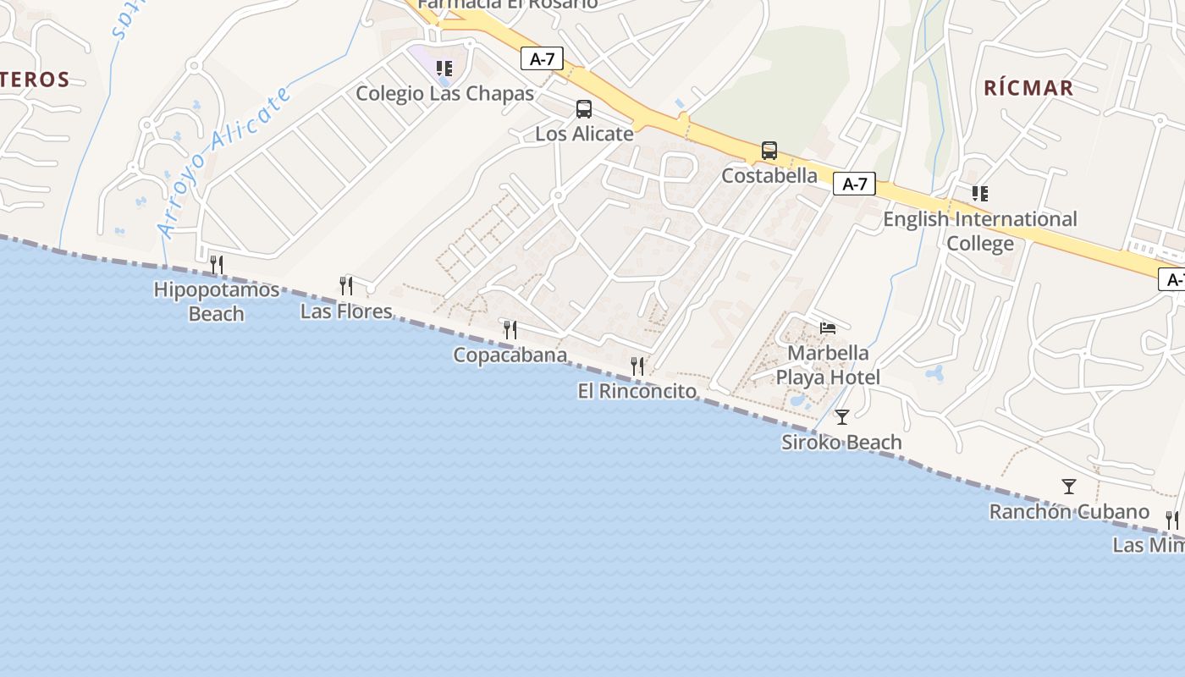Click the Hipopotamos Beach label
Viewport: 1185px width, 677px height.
(217, 302)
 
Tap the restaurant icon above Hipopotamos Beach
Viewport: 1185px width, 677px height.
(217, 265)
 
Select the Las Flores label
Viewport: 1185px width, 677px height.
(346, 311)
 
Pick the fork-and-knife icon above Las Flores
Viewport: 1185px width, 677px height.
(346, 286)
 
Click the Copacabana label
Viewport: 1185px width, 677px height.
(510, 355)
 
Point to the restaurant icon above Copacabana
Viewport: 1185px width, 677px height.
(510, 329)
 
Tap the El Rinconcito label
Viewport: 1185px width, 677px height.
(637, 391)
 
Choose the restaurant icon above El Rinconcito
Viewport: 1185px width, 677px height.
(637, 366)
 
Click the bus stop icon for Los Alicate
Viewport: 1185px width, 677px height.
(584, 108)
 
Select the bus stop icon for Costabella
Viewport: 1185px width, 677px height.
(769, 151)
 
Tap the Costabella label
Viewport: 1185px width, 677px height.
(769, 176)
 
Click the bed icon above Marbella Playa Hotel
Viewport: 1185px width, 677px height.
(828, 328)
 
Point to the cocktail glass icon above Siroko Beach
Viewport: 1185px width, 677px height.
(842, 416)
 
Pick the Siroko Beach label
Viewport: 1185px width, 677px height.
(841, 443)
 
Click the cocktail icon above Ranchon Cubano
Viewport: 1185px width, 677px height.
(1069, 486)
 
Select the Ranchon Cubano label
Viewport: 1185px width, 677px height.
(1069, 512)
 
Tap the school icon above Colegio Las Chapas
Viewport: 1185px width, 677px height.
(444, 68)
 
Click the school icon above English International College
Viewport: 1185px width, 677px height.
(980, 194)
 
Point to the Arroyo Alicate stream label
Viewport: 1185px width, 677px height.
(224, 161)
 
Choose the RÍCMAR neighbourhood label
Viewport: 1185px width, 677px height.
(1028, 88)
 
